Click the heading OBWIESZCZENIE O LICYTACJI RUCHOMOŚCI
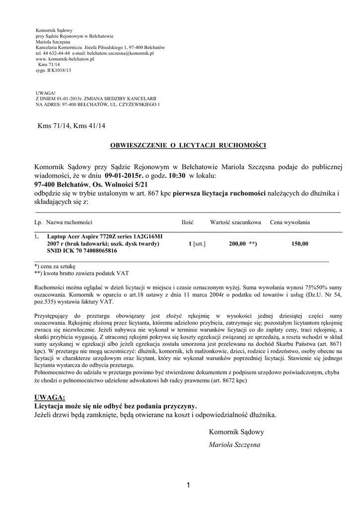(188, 145)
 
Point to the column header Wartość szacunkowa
(236, 222)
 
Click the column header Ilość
(187, 222)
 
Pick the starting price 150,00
(300, 244)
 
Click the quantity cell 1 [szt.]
(197, 244)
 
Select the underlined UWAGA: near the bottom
(50, 397)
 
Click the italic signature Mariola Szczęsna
(234, 445)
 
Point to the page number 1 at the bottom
(189, 485)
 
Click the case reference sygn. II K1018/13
(54, 70)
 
